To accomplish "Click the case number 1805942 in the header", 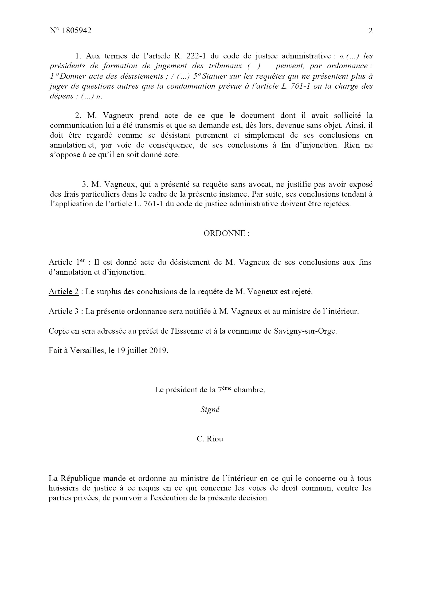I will [77, 31].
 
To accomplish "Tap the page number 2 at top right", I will [370, 31].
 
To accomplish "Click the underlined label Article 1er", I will [66, 262].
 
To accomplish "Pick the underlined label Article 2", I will [64, 292].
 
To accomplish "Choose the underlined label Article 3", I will [64, 311].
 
